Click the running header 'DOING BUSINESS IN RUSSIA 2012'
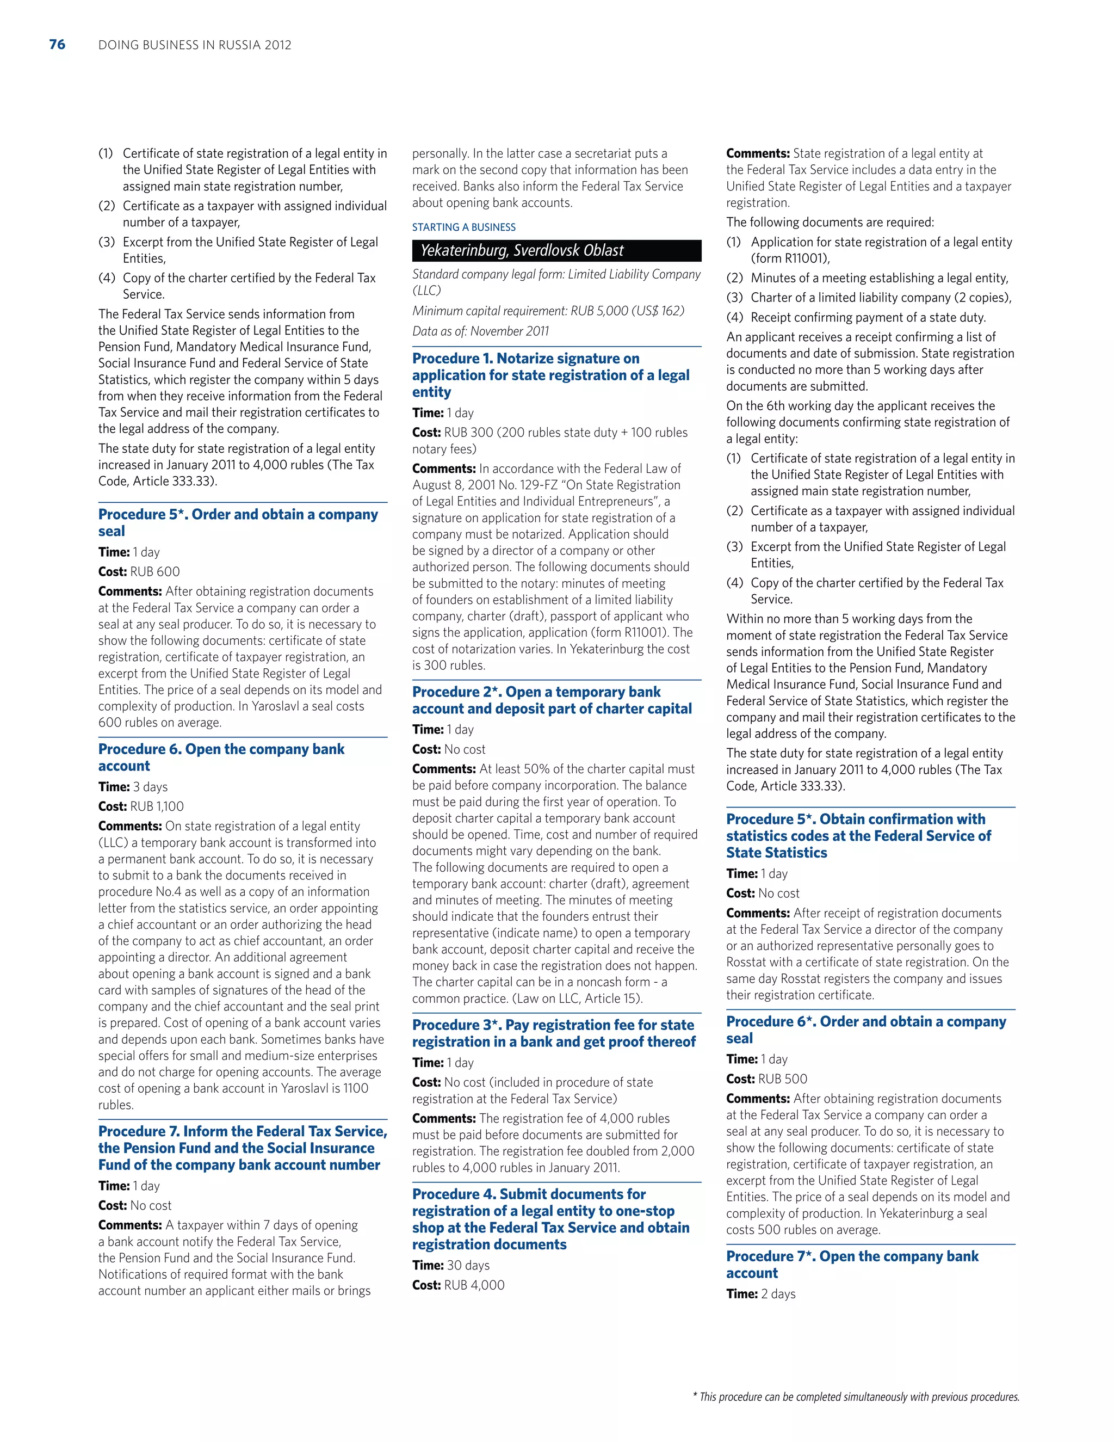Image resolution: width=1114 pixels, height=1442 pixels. [195, 45]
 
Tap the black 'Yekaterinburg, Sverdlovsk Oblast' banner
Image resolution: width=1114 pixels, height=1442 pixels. [556, 250]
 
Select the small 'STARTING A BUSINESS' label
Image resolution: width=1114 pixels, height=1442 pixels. [464, 227]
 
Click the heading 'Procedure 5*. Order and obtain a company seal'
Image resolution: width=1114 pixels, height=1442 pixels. [238, 522]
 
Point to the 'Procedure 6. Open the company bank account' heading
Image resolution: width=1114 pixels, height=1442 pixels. [221, 757]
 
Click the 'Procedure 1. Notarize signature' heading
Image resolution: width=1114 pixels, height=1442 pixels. [550, 375]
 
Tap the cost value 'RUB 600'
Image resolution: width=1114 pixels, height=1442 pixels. [155, 572]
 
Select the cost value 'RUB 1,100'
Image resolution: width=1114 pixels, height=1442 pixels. [157, 806]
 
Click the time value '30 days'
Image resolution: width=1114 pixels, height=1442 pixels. [468, 1265]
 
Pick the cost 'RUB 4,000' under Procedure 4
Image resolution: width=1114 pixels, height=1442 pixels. [474, 1285]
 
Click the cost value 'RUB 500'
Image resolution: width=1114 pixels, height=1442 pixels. [783, 1079]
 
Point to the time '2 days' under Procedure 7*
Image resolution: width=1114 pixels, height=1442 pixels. [778, 1294]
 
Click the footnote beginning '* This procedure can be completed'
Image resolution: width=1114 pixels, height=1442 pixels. [855, 1396]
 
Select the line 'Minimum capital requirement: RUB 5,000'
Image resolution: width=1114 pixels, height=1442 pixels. [548, 310]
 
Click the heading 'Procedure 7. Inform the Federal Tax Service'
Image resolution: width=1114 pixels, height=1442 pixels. [242, 1148]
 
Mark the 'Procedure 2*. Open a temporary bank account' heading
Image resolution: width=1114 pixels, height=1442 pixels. [552, 700]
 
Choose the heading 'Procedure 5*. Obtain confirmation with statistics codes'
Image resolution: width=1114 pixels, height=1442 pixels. [858, 835]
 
